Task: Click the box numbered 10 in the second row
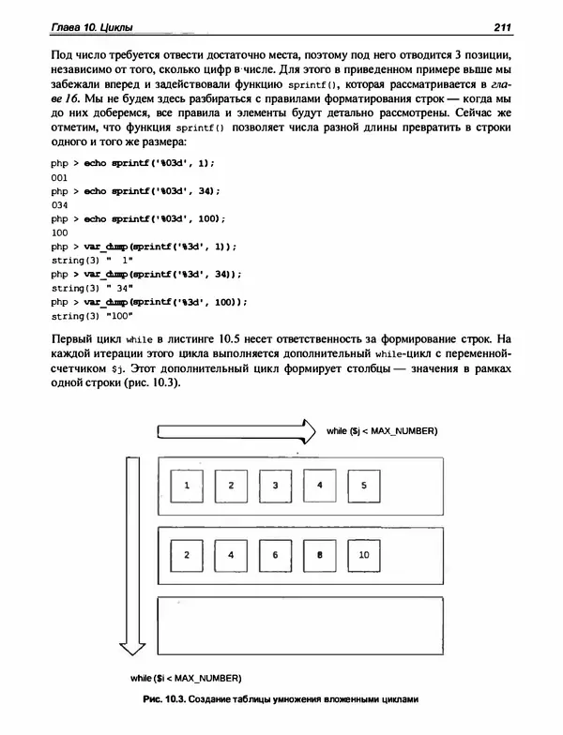pos(364,555)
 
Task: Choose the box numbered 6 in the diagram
pos(275,555)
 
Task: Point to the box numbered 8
pos(320,555)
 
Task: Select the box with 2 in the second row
pos(188,555)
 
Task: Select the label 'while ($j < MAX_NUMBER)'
pos(382,430)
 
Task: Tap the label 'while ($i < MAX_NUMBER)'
pos(187,677)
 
